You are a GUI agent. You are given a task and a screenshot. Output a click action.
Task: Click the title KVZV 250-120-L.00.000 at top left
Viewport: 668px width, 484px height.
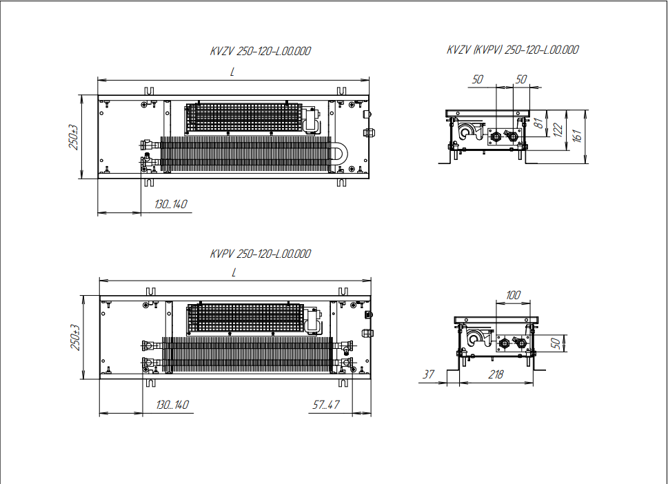261,51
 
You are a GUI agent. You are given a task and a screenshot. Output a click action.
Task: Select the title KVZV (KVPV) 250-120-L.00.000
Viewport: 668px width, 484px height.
512,50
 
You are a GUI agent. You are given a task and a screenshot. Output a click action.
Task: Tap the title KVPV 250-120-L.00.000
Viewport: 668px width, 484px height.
261,254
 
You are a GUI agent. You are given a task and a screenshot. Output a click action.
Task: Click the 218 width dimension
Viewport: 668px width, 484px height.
496,374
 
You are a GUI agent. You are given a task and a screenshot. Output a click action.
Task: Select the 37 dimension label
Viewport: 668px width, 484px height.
428,374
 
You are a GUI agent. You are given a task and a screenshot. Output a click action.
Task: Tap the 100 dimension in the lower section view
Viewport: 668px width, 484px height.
513,295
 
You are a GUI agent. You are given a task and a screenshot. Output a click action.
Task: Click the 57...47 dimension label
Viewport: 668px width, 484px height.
326,405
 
